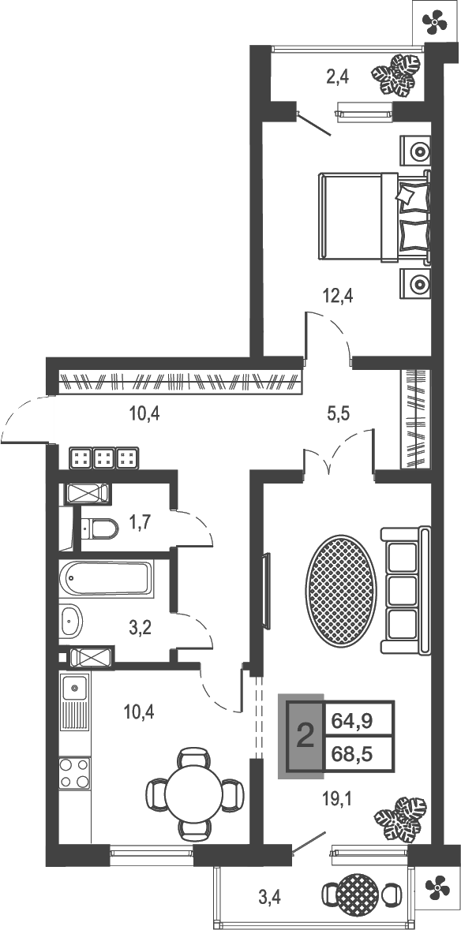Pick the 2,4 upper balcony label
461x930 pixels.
point(338,77)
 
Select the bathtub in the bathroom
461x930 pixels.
point(107,580)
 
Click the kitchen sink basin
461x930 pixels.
point(75,689)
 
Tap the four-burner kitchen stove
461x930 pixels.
point(75,773)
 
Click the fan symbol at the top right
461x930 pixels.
point(437,21)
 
